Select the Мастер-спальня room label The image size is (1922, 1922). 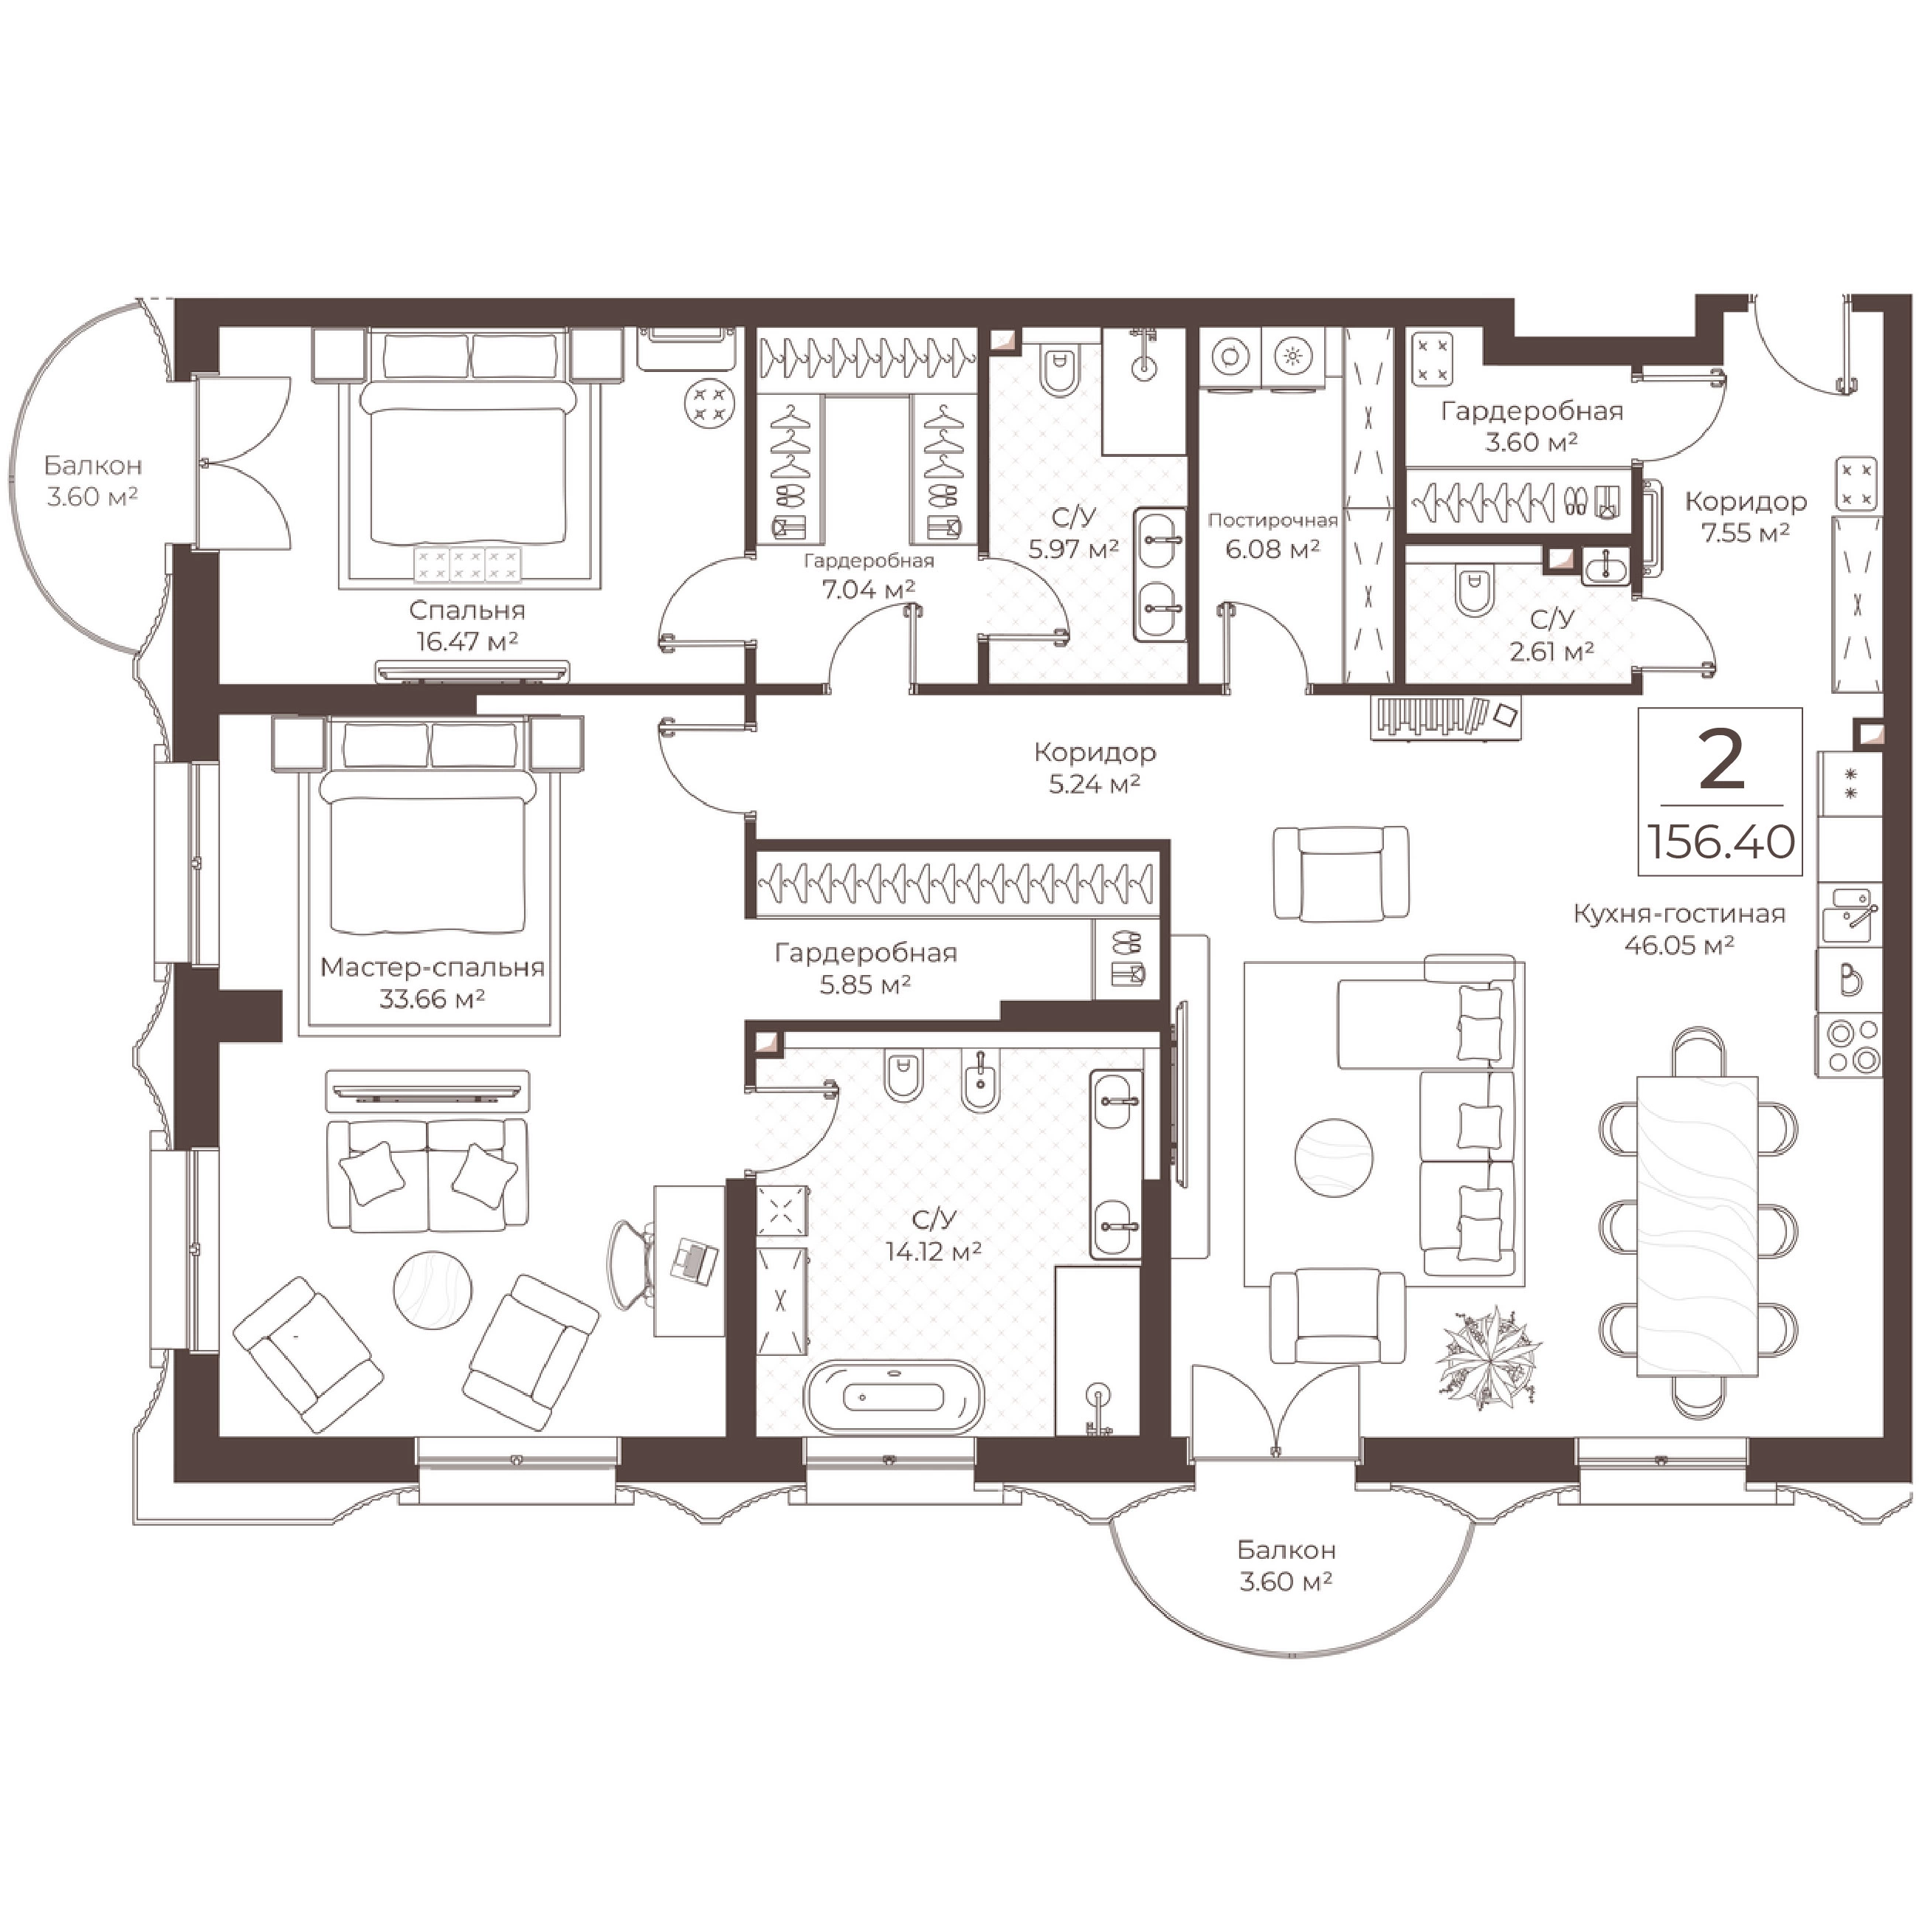pyautogui.click(x=433, y=967)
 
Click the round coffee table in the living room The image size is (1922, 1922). pyautogui.click(x=1334, y=1157)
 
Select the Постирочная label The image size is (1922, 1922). pyautogui.click(x=1272, y=520)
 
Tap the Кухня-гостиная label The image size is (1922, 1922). pyautogui.click(x=1679, y=913)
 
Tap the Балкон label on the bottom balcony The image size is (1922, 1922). pyautogui.click(x=1286, y=1550)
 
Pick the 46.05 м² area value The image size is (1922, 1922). pyautogui.click(x=1679, y=945)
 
